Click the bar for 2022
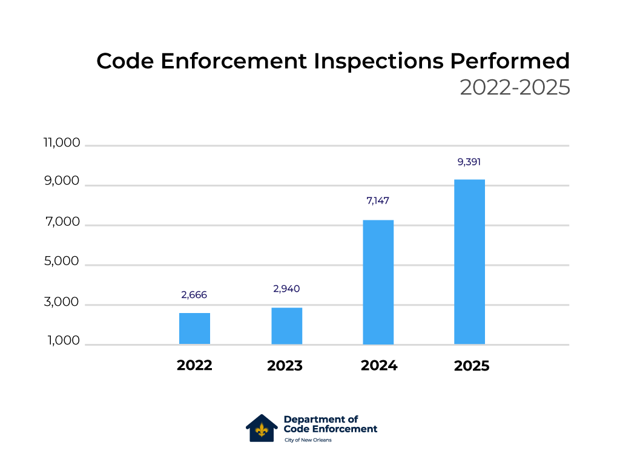click(194, 329)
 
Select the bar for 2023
click(286, 326)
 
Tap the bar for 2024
click(378, 282)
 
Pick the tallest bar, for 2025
click(469, 262)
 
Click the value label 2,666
click(194, 295)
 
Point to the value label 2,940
click(286, 289)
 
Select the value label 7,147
click(378, 200)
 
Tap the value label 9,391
click(469, 162)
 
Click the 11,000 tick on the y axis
click(61, 143)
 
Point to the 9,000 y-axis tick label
click(62, 182)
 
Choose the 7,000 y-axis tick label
click(62, 222)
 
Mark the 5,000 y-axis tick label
click(62, 262)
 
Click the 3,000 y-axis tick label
click(62, 302)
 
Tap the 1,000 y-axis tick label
click(62, 341)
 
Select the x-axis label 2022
click(194, 366)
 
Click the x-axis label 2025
click(471, 366)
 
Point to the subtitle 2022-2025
click(515, 88)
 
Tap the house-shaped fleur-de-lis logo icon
click(262, 428)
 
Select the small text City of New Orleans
click(308, 440)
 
